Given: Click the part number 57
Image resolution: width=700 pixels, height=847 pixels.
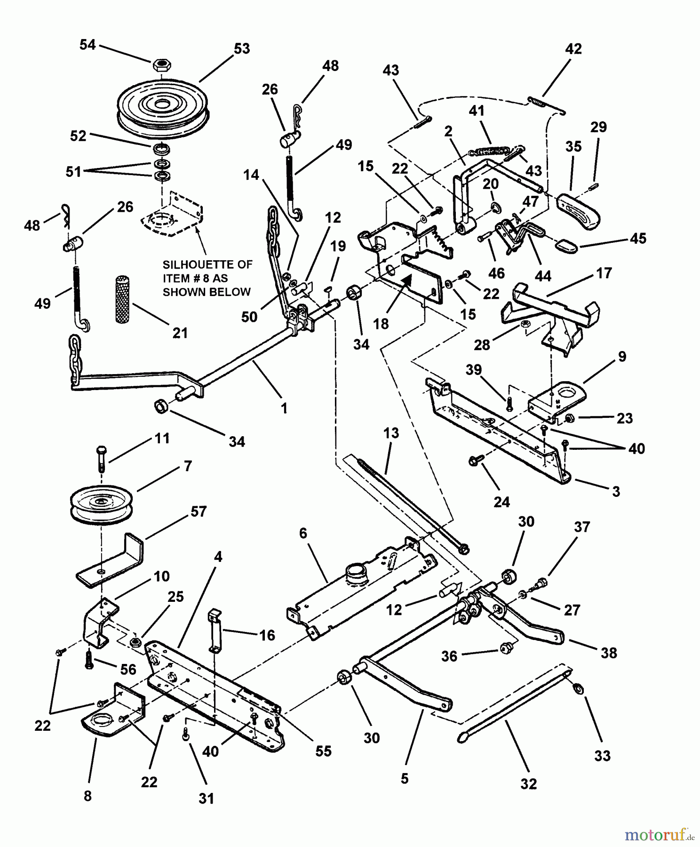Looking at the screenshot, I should coord(199,511).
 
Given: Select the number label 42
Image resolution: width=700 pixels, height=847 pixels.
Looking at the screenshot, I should coord(573,49).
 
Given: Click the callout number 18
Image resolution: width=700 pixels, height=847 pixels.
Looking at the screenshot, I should coord(381,323).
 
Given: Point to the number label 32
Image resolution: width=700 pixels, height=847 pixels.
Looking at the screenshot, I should coord(529,784).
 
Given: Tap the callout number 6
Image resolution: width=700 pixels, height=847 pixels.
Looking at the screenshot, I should coord(302,533).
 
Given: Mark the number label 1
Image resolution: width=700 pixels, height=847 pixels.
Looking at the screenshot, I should coord(284,408).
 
